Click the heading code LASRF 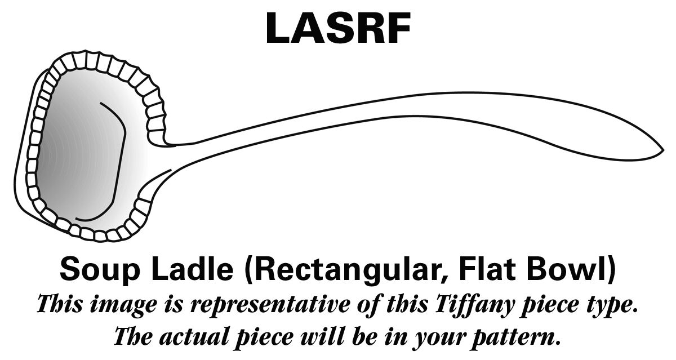pos(338,28)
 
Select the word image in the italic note pos(123,305)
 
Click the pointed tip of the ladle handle pos(664,150)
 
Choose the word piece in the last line pos(265,337)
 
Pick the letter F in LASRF pos(398,28)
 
